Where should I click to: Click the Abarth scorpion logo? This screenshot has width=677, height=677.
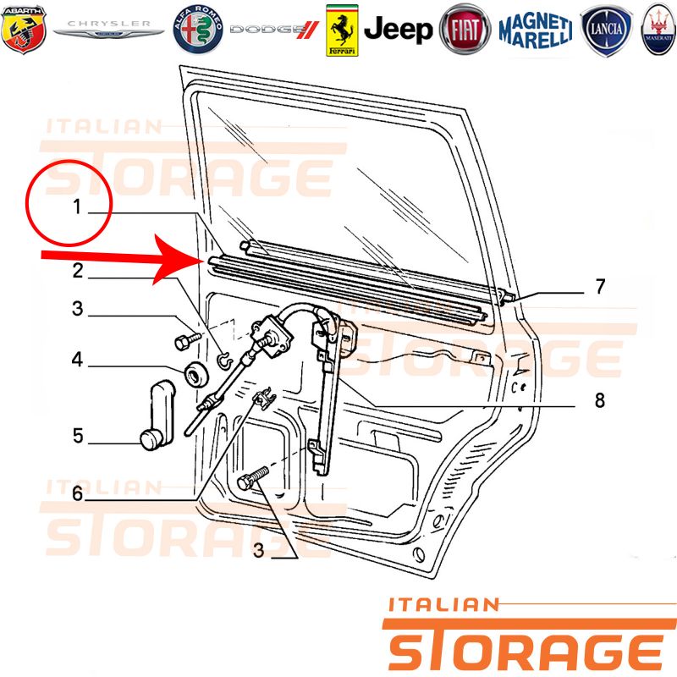click(23, 29)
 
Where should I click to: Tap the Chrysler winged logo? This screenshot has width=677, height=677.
click(109, 29)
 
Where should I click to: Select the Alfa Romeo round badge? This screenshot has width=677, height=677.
click(198, 29)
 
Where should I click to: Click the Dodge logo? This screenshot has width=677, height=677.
click(274, 30)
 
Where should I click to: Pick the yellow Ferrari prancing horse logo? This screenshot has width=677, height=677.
click(342, 30)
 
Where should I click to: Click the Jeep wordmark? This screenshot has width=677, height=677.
click(398, 30)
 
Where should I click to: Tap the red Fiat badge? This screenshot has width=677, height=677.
click(465, 30)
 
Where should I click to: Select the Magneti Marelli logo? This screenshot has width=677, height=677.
click(536, 30)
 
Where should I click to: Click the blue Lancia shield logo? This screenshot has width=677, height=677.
click(606, 30)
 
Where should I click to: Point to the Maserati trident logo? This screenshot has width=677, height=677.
click(659, 30)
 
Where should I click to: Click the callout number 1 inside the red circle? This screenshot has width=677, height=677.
click(77, 206)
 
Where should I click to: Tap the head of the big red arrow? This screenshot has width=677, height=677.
click(181, 260)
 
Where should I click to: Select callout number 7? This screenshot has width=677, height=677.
click(600, 286)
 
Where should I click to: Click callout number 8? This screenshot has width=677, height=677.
click(600, 400)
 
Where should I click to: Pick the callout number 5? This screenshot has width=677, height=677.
click(78, 436)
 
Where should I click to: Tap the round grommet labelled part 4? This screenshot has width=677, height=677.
click(196, 374)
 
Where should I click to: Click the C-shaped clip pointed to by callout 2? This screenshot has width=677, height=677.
click(224, 361)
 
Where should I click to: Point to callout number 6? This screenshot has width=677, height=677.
click(77, 493)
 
